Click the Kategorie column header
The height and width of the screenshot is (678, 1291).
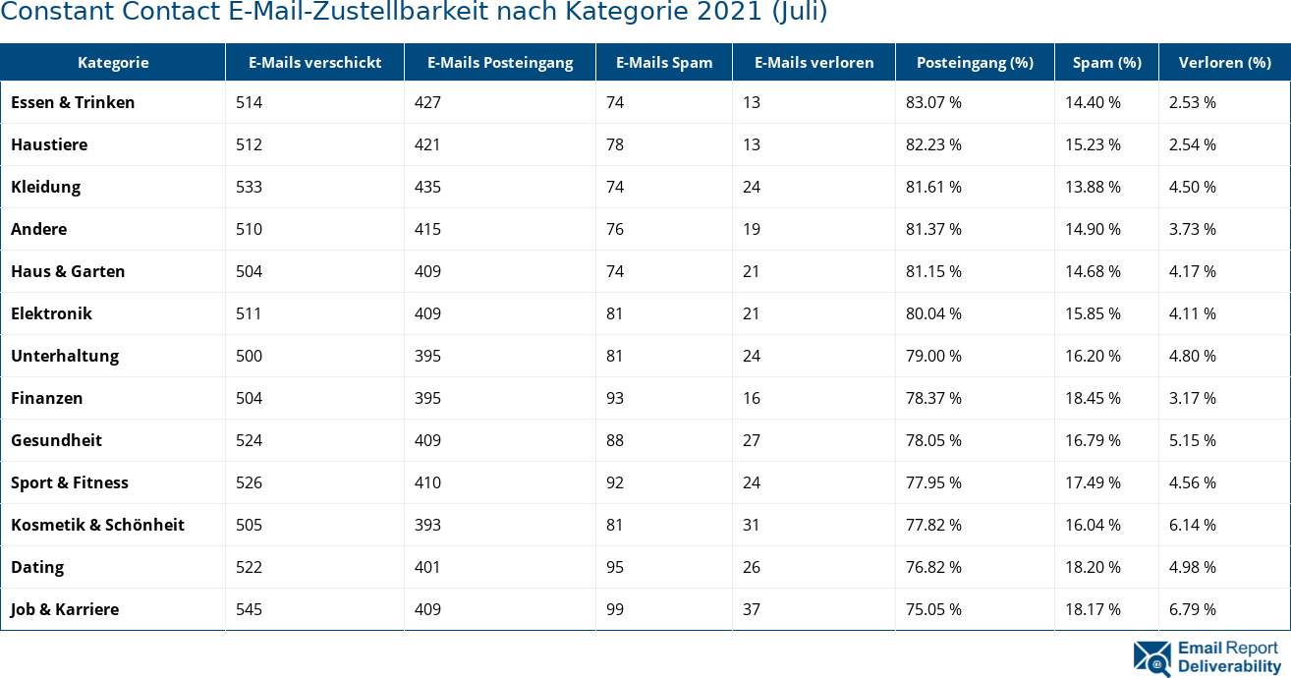pyautogui.click(x=113, y=63)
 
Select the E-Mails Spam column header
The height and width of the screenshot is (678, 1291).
pyautogui.click(x=664, y=63)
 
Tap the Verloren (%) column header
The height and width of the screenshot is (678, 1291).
pyautogui.click(x=1223, y=63)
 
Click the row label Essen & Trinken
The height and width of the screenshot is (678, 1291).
pyautogui.click(x=73, y=102)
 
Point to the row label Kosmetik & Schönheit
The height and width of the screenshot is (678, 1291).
pyautogui.click(x=97, y=525)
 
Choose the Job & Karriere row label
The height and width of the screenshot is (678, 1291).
pyautogui.click(x=65, y=609)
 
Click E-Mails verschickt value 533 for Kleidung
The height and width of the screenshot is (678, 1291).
pyautogui.click(x=250, y=187)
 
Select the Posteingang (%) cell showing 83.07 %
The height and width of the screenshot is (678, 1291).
pyautogui.click(x=933, y=102)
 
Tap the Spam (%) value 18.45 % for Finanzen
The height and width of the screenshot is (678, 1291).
pyautogui.click(x=1093, y=398)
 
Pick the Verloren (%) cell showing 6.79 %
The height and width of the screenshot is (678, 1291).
pyautogui.click(x=1192, y=609)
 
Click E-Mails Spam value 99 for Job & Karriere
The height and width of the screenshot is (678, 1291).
pyautogui.click(x=615, y=609)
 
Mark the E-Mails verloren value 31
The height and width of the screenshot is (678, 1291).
pyautogui.click(x=752, y=525)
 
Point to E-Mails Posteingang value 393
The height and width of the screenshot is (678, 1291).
pyautogui.click(x=427, y=525)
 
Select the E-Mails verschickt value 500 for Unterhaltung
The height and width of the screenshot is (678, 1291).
pyautogui.click(x=250, y=356)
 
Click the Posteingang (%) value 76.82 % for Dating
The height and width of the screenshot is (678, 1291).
pyautogui.click(x=933, y=567)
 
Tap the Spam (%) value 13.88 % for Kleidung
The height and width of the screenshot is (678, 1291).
pyautogui.click(x=1093, y=187)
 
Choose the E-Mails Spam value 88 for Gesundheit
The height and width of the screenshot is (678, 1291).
pyautogui.click(x=615, y=440)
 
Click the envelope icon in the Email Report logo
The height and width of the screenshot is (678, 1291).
pyautogui.click(x=1151, y=658)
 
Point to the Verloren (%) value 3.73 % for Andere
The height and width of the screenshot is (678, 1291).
pyautogui.click(x=1192, y=229)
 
